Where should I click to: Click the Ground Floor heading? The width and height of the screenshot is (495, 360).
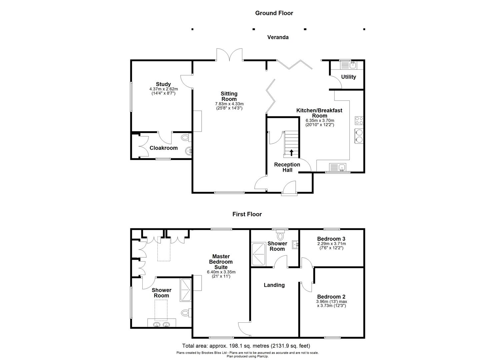[x=274, y=13]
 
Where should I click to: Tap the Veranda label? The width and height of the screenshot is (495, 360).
[x=278, y=37]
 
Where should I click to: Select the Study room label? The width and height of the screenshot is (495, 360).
[x=163, y=84]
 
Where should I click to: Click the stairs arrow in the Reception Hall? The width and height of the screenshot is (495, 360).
[x=292, y=153]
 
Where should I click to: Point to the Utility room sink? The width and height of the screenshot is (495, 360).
[x=348, y=65]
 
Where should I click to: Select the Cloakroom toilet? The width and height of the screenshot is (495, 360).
[x=185, y=137]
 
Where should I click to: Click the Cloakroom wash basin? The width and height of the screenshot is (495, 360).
[x=189, y=151]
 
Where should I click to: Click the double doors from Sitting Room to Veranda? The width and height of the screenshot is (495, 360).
[x=229, y=55]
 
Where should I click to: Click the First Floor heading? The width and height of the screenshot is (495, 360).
[x=247, y=214]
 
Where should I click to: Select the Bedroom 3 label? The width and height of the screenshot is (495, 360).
[x=331, y=239]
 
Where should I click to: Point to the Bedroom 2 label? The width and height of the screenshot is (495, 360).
[x=331, y=297]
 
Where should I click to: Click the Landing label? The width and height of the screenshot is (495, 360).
[x=274, y=285]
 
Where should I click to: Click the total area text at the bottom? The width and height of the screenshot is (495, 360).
[x=246, y=346]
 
